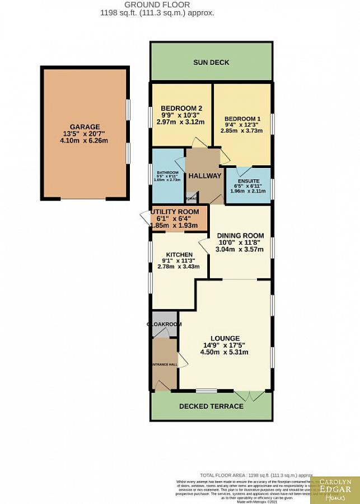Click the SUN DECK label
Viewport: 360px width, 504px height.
tap(211, 62)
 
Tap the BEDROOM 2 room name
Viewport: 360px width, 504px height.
tap(181, 108)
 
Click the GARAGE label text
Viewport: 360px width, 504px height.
tap(85, 127)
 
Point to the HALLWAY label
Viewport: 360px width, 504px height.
tap(204, 175)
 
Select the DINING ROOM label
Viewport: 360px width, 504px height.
tap(240, 235)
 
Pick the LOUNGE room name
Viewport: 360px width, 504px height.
tap(225, 338)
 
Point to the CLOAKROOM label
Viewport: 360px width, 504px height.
tap(164, 324)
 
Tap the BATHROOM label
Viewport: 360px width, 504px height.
tap(167, 172)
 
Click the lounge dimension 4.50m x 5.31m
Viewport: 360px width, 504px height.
tap(225, 352)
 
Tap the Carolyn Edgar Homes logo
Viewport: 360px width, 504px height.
tap(335, 487)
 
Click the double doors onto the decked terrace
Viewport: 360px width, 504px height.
tap(249, 395)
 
